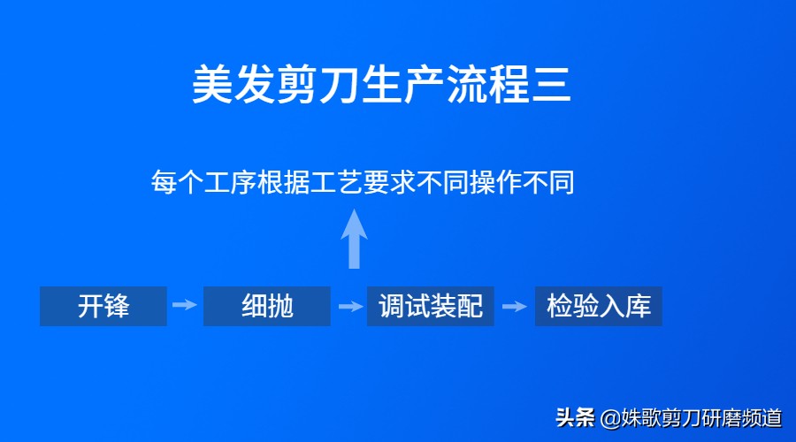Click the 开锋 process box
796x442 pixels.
[x=103, y=307]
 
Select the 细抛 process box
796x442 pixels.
[x=267, y=307]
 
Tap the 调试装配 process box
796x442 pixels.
[x=431, y=307]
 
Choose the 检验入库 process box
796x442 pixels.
[x=599, y=307]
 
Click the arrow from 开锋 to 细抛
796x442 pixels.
[x=185, y=306]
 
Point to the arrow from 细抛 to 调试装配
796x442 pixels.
[x=350, y=307]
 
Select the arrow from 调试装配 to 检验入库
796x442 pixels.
[x=515, y=307]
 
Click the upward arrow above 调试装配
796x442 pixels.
[x=355, y=239]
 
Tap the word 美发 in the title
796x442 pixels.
[x=235, y=87]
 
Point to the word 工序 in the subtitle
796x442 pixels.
[x=230, y=183]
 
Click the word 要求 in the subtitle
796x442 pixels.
[x=388, y=183]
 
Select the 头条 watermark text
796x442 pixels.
[x=576, y=417]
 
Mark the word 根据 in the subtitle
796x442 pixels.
[x=283, y=183]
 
